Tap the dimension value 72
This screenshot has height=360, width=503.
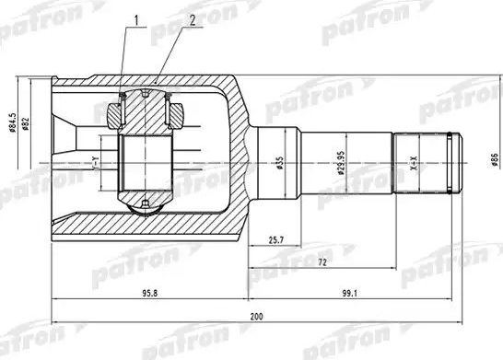(x=320, y=263)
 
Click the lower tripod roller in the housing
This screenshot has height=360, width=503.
(x=148, y=201)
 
